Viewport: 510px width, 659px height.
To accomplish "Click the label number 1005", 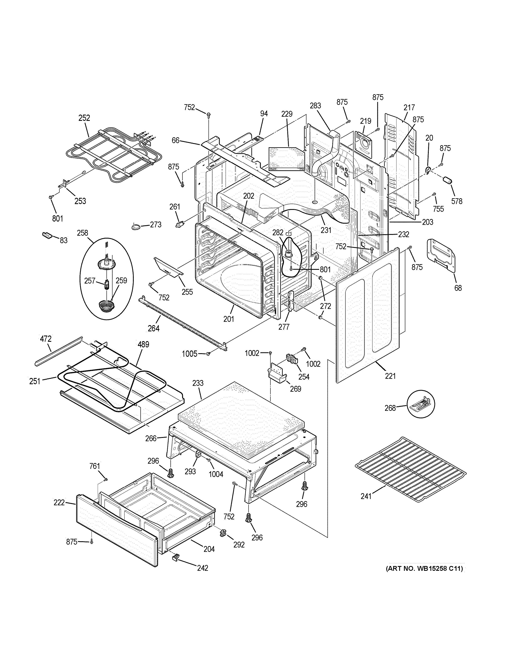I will (x=189, y=354).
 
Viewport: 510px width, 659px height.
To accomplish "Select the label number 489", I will (x=143, y=344).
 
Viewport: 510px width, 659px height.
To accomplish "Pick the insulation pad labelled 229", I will (x=285, y=157).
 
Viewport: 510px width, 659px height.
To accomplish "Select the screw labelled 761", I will (x=105, y=479).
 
